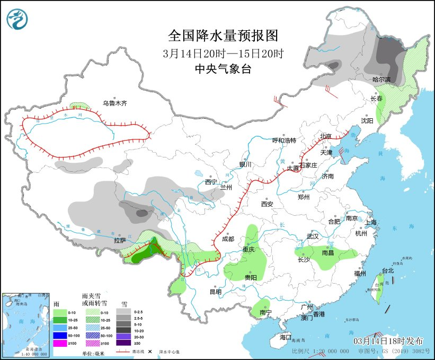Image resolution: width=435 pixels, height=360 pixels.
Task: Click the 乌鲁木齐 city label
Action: (116, 103)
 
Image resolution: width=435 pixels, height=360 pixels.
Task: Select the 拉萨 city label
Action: (120, 240)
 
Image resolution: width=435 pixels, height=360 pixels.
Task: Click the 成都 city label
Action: (228, 239)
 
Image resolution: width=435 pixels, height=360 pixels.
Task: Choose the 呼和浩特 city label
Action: (284, 140)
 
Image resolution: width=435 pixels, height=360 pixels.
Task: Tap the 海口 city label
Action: (286, 337)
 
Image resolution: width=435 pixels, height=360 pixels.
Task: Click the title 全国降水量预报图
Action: (223, 36)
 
